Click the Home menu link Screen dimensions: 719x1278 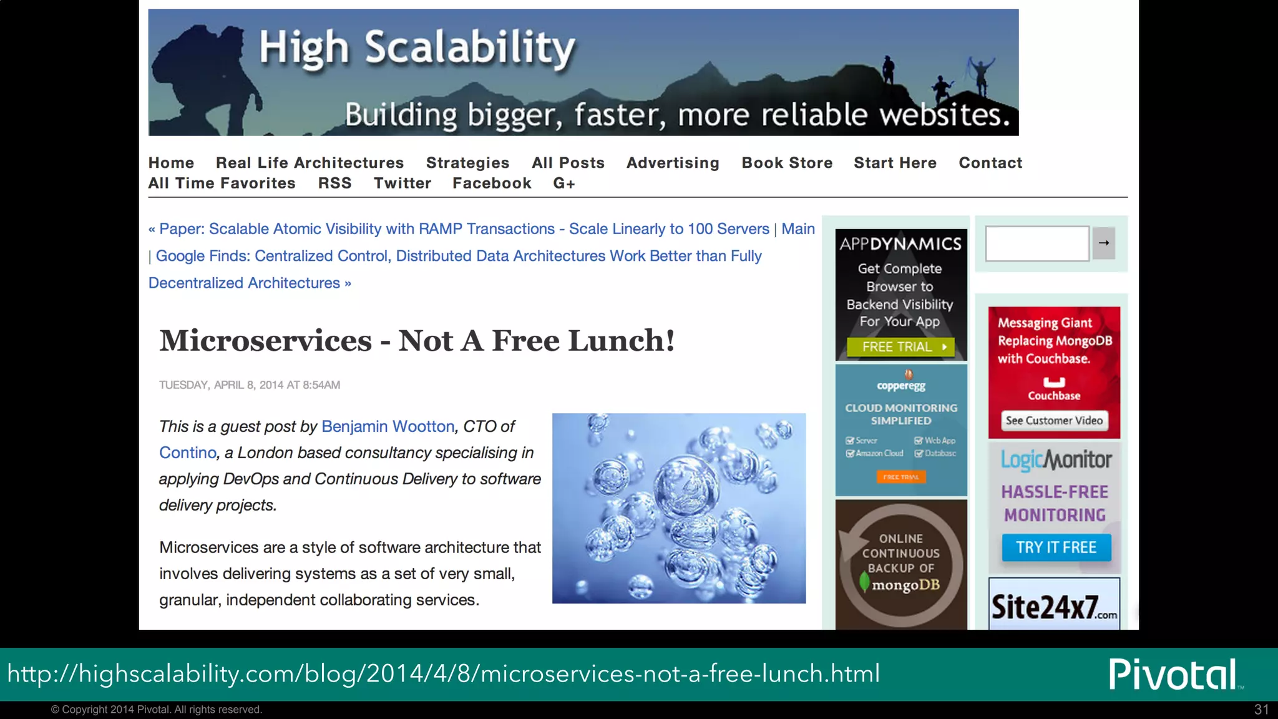pos(171,163)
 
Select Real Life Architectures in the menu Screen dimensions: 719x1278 pos(310,163)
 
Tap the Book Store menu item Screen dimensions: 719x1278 pos(786,163)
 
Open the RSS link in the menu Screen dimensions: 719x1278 pos(334,183)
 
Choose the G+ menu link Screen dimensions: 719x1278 pos(563,183)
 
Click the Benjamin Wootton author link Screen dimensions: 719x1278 pos(388,426)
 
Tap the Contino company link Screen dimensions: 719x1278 pos(187,452)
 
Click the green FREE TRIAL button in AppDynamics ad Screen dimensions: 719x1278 pos(900,347)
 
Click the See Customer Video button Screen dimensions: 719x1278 pos(1054,421)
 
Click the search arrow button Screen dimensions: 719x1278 pos(1103,243)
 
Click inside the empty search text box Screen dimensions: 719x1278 pos(1037,243)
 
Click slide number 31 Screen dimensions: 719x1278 pos(1261,710)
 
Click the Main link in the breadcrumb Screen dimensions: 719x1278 pos(798,229)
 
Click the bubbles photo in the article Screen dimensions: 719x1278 pos(678,508)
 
